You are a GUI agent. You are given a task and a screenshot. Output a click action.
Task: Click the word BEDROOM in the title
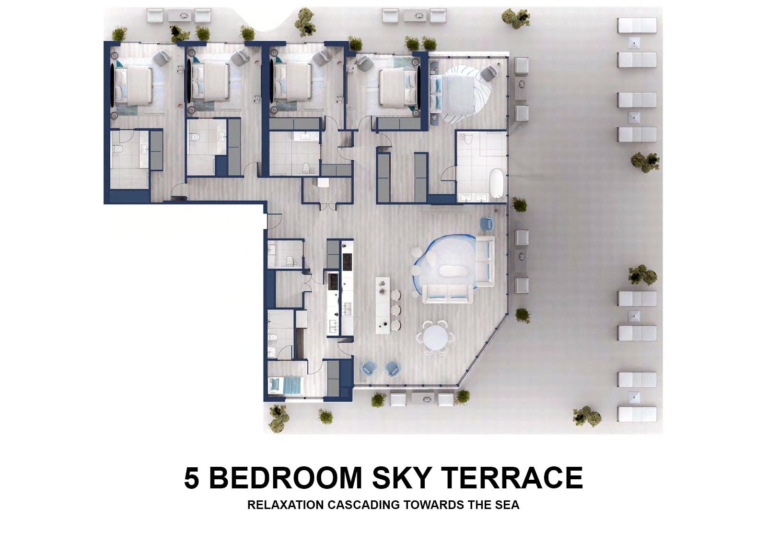pos(286,478)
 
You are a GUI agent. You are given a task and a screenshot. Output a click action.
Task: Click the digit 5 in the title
pos(191,478)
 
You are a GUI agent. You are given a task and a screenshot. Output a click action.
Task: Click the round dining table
pos(435,337)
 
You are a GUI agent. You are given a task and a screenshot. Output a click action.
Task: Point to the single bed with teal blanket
pos(286,386)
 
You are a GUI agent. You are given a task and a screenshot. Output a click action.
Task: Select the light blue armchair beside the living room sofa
pos(487,223)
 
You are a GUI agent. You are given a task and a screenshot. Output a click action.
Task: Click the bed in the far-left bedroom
pos(133,85)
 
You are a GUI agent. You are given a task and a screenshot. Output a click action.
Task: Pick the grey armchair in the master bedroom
pos(488,73)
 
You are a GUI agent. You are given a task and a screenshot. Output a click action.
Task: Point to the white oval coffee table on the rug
pos(453,271)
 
